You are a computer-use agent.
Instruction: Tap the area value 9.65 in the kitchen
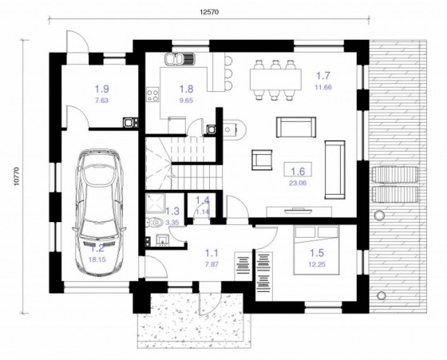(186, 101)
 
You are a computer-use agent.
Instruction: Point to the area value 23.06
(298, 182)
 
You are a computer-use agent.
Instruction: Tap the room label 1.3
(172, 211)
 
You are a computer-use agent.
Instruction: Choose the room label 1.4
(204, 201)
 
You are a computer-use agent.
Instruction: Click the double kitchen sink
(180, 58)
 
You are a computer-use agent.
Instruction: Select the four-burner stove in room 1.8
(151, 94)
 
